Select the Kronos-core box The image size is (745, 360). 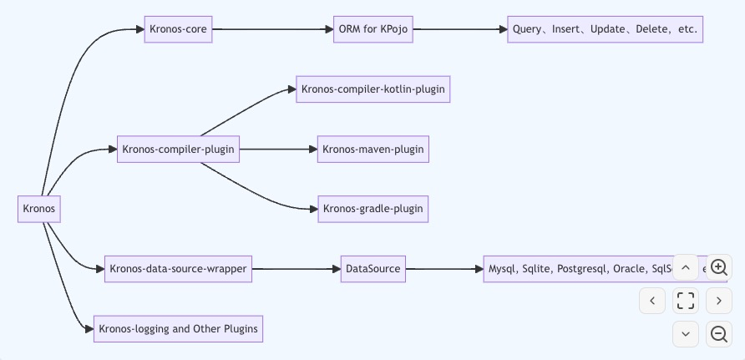[178, 29]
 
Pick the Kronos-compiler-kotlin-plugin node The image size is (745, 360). [372, 89]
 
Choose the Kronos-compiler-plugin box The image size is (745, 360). [178, 150]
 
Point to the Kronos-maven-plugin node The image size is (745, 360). [372, 150]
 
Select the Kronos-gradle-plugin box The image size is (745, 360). [372, 209]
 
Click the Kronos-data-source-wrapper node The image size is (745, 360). [178, 269]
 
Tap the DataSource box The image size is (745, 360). [372, 269]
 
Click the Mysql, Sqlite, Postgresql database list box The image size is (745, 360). [576, 269]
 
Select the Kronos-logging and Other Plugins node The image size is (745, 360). [178, 329]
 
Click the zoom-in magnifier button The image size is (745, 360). [719, 267]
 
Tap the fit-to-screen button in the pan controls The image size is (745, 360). [686, 301]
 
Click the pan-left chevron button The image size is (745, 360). [652, 301]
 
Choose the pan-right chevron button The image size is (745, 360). [719, 301]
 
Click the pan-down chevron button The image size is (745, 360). [686, 334]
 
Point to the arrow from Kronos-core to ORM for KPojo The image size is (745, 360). [271, 29]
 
